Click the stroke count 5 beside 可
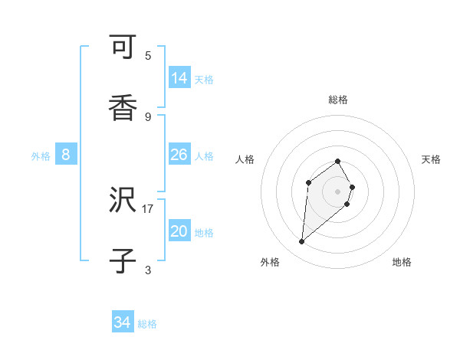(x=148, y=55)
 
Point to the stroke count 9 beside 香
(x=148, y=116)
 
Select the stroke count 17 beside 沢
(x=148, y=208)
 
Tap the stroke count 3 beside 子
(x=148, y=269)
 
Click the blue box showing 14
(x=179, y=78)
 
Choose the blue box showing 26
(x=179, y=155)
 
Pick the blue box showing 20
(x=179, y=231)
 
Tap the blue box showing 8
(x=66, y=155)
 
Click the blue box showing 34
(x=122, y=322)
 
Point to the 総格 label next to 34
(x=147, y=324)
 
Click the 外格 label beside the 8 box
(x=41, y=156)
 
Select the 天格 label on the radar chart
(x=431, y=159)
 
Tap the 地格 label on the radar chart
(x=402, y=262)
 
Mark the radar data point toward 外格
(x=302, y=242)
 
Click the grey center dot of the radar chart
(x=337, y=191)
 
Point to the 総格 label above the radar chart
(x=338, y=100)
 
